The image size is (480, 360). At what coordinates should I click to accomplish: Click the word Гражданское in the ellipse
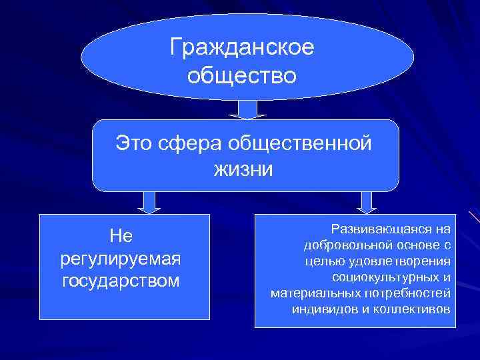point(242,48)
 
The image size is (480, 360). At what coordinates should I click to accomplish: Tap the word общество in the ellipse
point(241,76)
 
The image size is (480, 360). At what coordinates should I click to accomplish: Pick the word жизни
point(243,169)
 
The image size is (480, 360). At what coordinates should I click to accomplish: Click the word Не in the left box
point(121,235)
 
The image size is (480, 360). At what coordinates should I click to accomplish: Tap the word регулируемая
point(121,257)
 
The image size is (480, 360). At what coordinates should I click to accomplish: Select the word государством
point(121,281)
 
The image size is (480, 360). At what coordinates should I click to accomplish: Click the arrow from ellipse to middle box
point(247,109)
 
